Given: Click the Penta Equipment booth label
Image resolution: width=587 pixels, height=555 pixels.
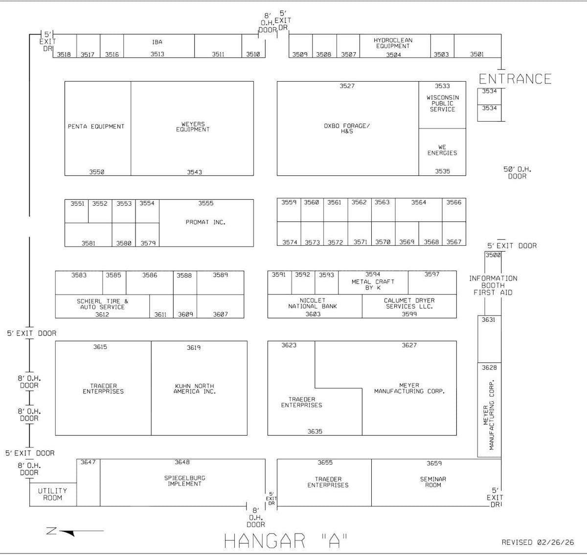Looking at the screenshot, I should click(x=96, y=127).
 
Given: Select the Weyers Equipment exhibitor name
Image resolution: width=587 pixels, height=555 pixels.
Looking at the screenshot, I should click(x=193, y=127).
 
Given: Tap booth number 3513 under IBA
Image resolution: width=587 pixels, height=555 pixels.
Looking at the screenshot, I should click(x=157, y=54).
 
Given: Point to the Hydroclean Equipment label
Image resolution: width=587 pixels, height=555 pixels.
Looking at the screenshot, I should click(x=393, y=43).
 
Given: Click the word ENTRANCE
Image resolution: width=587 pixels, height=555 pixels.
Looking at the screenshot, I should click(x=515, y=79).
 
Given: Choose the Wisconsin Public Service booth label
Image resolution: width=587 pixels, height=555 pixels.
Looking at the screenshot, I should click(x=442, y=104).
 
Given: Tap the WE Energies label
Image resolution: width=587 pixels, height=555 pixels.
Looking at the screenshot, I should click(x=442, y=150).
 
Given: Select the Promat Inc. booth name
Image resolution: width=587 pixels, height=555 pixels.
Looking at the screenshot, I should click(x=205, y=222).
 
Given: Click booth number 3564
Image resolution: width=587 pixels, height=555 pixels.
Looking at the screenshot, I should click(x=418, y=202).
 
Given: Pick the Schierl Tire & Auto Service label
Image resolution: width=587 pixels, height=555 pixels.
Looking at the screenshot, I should click(x=102, y=304).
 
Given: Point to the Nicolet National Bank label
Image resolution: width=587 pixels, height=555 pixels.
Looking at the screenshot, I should click(x=313, y=303).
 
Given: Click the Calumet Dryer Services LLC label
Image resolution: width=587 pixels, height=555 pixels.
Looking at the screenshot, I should click(x=409, y=303).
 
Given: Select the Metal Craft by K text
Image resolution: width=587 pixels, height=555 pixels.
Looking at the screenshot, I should click(x=373, y=285).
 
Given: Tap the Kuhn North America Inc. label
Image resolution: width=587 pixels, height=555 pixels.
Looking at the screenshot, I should click(x=194, y=389).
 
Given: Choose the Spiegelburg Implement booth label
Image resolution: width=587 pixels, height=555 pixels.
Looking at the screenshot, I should click(x=184, y=481).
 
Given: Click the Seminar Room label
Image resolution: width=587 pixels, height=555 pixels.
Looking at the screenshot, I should click(x=433, y=482).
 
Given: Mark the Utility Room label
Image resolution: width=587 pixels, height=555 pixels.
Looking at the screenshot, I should click(x=52, y=494).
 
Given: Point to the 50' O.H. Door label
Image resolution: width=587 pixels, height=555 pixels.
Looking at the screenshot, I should click(x=517, y=172).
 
